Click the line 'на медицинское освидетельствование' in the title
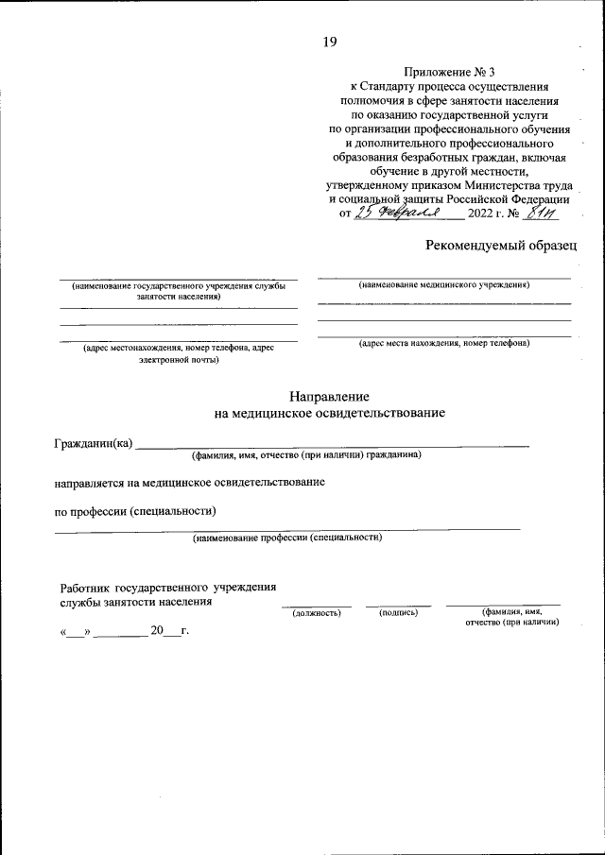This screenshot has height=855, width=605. coord(330,413)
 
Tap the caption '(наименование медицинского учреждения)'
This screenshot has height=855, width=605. coord(443,284)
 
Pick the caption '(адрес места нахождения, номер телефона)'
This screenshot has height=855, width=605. coord(443,343)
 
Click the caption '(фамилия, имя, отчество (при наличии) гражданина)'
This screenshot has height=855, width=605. coord(306,455)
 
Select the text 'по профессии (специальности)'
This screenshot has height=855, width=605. coord(135,512)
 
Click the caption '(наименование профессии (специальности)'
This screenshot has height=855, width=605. coord(287,538)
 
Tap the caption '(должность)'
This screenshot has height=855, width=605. coord(317,612)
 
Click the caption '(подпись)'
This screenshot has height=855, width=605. coord(398,612)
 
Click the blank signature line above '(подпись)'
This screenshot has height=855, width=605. coord(398,605)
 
